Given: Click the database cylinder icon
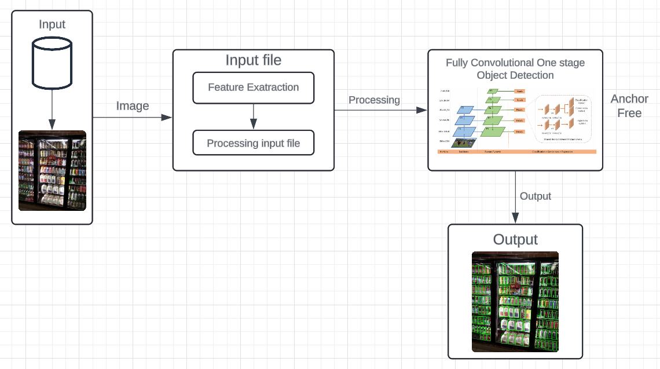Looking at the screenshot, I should point(52,61).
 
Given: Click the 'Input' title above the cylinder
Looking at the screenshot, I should point(52,24).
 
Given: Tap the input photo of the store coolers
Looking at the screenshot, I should point(52,170).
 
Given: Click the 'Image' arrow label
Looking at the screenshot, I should point(133,106).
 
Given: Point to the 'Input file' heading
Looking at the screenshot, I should point(253,60).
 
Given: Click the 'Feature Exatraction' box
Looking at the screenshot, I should point(253,87).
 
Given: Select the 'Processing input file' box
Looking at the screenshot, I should point(253,143).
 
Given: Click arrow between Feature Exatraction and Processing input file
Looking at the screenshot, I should point(253,116).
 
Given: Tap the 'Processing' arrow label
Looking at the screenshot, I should point(374,100).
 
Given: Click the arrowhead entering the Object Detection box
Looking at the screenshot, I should point(423,109).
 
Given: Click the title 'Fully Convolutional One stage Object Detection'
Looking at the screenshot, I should point(515,69).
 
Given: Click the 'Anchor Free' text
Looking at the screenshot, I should point(629,106).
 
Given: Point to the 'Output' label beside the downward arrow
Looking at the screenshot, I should point(536,196).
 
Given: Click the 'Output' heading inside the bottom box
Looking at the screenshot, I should point(515,240).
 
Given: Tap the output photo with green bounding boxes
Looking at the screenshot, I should point(515,301).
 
